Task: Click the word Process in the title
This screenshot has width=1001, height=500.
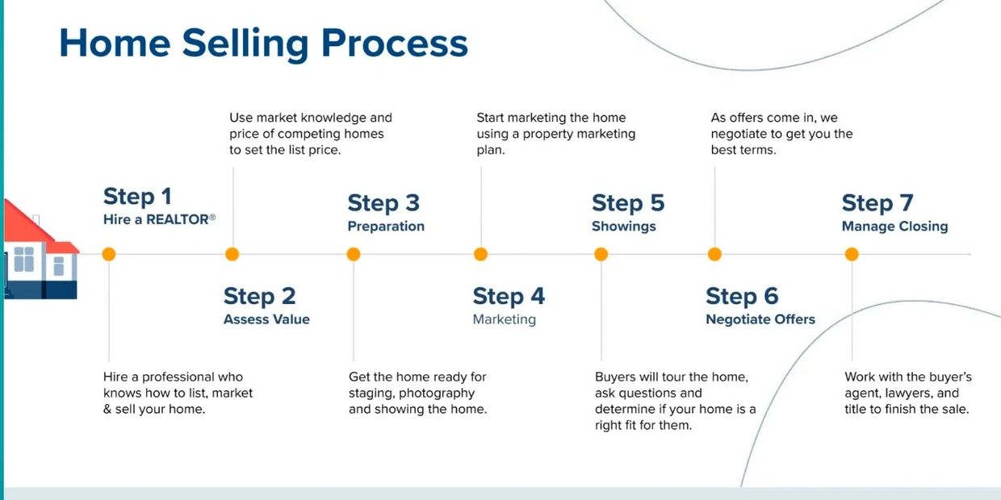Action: click(x=395, y=44)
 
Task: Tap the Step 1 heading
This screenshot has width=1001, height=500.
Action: click(x=137, y=197)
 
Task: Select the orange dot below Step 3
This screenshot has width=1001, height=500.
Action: click(x=354, y=254)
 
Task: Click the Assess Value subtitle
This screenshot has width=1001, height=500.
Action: click(x=266, y=319)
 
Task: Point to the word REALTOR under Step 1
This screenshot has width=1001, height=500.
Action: click(x=178, y=219)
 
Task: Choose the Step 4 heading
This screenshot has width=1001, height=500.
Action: click(x=509, y=296)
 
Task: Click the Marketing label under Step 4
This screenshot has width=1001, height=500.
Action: click(x=504, y=319)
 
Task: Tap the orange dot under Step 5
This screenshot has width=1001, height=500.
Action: click(x=601, y=254)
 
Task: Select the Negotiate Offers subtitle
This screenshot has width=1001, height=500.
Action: click(x=760, y=319)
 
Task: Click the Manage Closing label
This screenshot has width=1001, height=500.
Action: click(x=894, y=227)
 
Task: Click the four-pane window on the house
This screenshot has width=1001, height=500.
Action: click(x=23, y=259)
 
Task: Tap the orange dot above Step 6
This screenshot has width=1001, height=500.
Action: click(x=714, y=254)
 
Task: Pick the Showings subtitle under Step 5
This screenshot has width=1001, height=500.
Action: click(x=624, y=227)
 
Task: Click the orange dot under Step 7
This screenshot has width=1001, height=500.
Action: click(x=852, y=254)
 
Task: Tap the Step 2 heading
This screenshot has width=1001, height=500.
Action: click(x=260, y=296)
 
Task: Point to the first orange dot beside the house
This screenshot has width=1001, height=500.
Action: click(x=109, y=254)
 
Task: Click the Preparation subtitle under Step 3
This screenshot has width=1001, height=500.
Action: click(x=386, y=227)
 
